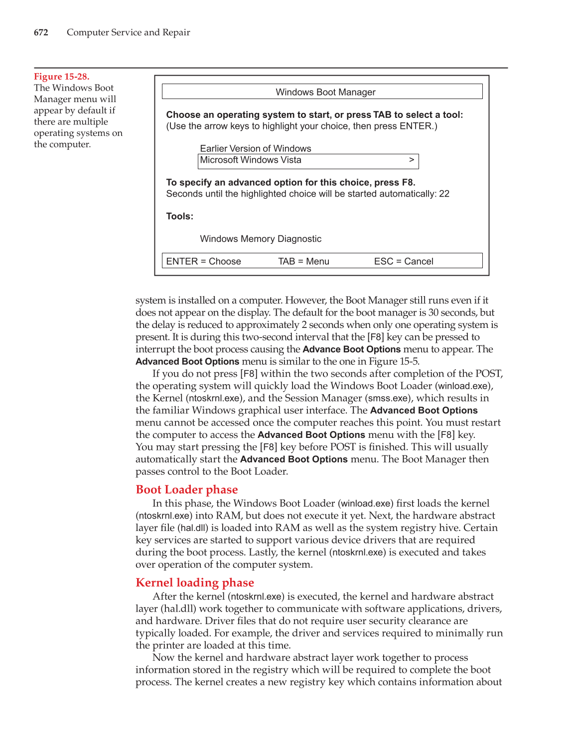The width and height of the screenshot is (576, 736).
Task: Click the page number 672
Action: tap(41, 32)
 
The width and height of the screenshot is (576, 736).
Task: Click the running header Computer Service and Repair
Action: tap(128, 32)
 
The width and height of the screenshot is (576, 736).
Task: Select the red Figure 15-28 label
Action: tap(61, 77)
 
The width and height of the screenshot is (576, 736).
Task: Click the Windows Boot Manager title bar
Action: tap(322, 92)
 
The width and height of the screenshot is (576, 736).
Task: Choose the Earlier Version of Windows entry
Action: tap(255, 148)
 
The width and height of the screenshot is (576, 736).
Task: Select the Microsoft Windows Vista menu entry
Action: tap(251, 160)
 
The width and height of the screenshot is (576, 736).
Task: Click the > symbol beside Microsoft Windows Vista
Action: tap(411, 160)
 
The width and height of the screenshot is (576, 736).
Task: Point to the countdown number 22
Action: tap(444, 194)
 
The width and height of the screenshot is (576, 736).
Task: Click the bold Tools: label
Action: tap(179, 216)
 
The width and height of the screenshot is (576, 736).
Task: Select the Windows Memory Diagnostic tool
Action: tap(261, 239)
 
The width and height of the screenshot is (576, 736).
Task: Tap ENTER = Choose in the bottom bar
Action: tap(203, 261)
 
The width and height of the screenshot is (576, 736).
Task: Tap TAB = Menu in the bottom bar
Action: tap(303, 261)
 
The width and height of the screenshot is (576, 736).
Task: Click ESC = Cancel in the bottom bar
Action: tap(404, 261)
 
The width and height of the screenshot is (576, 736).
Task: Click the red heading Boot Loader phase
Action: tap(186, 490)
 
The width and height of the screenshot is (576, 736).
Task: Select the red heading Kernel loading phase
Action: tap(194, 583)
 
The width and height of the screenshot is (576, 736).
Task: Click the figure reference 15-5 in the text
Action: tap(409, 361)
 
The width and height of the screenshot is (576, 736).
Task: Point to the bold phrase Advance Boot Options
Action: tap(351, 349)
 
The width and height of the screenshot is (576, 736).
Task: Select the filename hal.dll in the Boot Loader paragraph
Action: tap(193, 528)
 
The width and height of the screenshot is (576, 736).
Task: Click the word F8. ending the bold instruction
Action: tap(408, 183)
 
